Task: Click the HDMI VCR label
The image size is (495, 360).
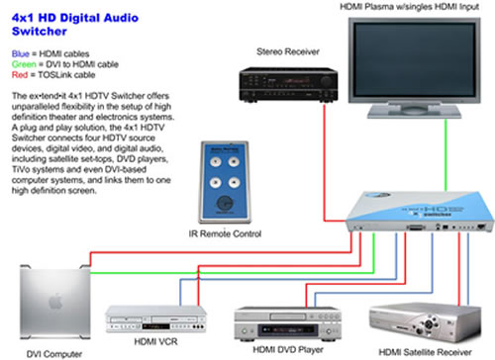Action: point(146,349)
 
